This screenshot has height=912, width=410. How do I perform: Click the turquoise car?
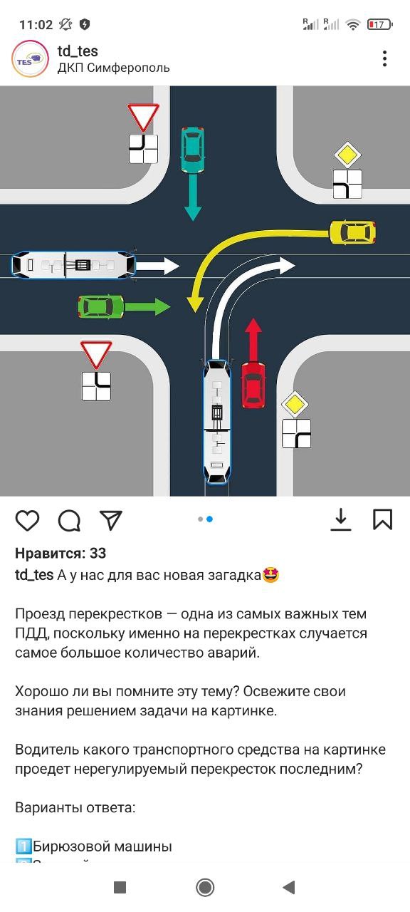(192, 150)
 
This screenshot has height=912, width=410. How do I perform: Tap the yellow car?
(352, 232)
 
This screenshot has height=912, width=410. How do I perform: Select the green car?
(101, 307)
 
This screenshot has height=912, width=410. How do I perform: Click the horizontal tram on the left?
(73, 266)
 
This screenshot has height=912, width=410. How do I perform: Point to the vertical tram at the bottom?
(217, 422)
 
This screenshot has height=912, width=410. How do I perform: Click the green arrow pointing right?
(147, 306)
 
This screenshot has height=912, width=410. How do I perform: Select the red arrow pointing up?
(254, 341)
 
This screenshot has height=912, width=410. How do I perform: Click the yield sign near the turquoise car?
(143, 116)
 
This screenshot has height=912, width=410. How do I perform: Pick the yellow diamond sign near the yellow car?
(348, 155)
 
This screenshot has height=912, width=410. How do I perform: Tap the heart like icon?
(27, 520)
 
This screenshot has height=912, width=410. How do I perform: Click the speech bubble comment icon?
(69, 520)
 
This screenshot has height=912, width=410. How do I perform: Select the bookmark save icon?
(383, 519)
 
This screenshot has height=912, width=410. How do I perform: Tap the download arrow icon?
(341, 519)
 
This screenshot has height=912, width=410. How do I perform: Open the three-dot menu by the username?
(385, 58)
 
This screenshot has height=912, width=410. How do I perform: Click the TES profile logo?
(30, 59)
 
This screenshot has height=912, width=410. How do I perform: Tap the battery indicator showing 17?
(380, 24)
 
